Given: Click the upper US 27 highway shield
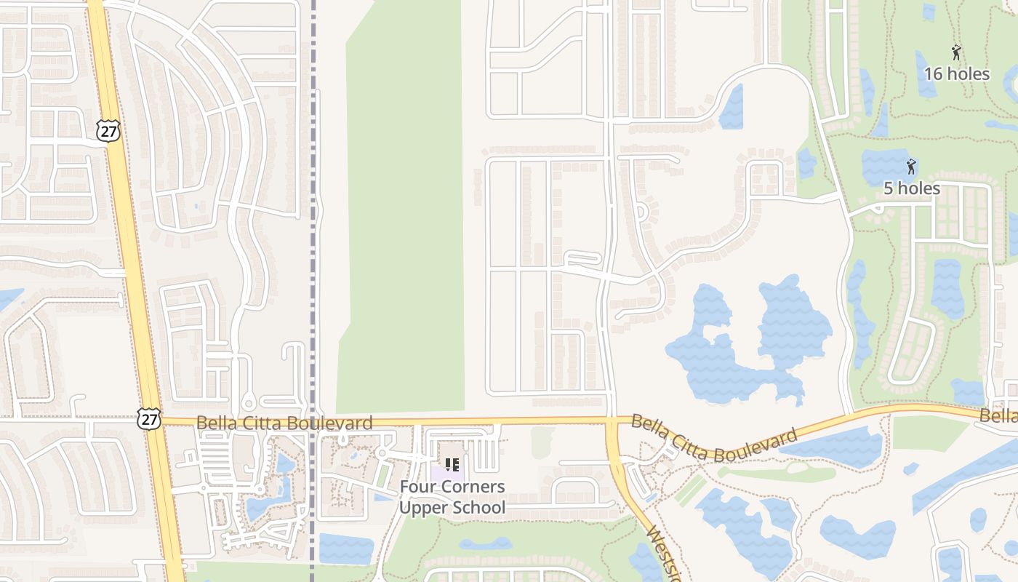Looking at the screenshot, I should pyautogui.click(x=108, y=131).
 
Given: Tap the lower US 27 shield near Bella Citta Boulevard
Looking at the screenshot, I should pyautogui.click(x=148, y=418).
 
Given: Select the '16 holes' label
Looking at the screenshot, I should pyautogui.click(x=956, y=74).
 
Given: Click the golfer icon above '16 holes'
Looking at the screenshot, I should pyautogui.click(x=956, y=52).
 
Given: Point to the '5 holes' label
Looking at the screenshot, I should pyautogui.click(x=911, y=188).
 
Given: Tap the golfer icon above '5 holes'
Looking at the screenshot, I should pyautogui.click(x=910, y=167).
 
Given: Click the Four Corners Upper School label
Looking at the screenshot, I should pyautogui.click(x=452, y=497).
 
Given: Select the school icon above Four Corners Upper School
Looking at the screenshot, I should pyautogui.click(x=452, y=464).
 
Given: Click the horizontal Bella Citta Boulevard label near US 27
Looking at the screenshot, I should pyautogui.click(x=284, y=423).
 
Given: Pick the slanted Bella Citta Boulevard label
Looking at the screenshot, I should pyautogui.click(x=714, y=439).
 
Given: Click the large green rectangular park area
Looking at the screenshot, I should pyautogui.click(x=404, y=211).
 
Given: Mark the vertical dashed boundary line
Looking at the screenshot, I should pyautogui.click(x=313, y=218).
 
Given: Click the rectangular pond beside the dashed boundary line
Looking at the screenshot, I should pyautogui.click(x=345, y=549).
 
